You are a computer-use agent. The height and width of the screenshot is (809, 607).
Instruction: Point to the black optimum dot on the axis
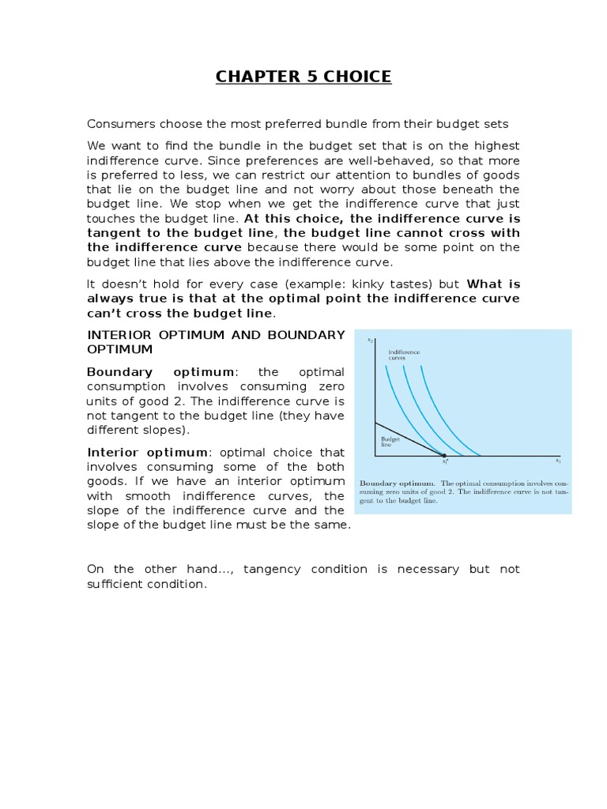(444, 456)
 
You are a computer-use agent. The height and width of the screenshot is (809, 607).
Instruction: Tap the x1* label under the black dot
(445, 464)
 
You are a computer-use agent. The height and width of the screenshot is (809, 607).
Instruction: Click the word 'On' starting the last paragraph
(95, 569)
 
